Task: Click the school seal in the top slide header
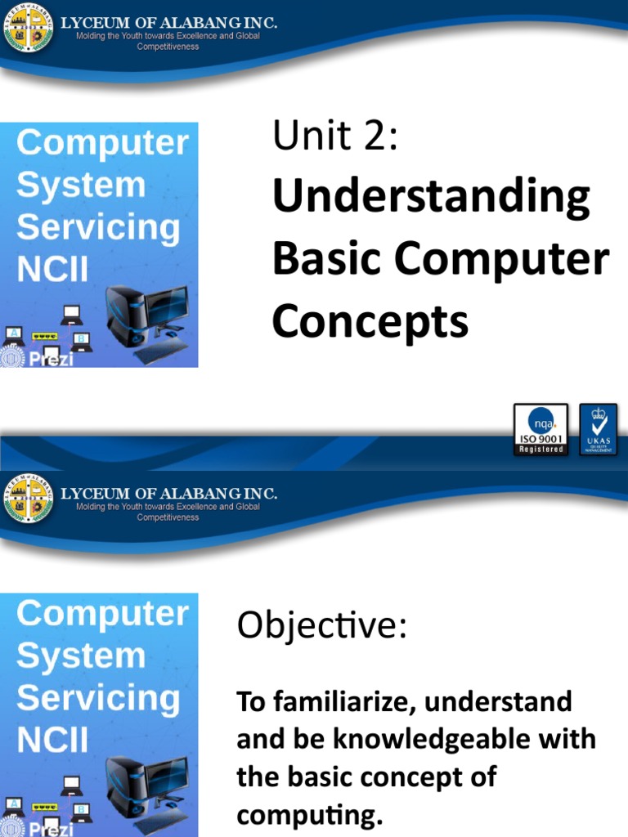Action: (x=29, y=30)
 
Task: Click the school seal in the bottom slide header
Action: (x=29, y=500)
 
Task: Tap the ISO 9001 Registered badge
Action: (x=540, y=429)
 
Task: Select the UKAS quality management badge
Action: (x=599, y=429)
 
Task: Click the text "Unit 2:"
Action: (x=335, y=136)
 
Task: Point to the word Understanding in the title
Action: (x=431, y=197)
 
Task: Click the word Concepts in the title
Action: (x=370, y=321)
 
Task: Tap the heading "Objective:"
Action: (x=321, y=627)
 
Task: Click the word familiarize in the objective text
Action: (x=339, y=701)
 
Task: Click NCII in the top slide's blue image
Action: (x=52, y=270)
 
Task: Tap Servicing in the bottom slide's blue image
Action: (x=98, y=698)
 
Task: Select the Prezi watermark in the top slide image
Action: (x=52, y=359)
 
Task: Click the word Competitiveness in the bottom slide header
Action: (x=168, y=517)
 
